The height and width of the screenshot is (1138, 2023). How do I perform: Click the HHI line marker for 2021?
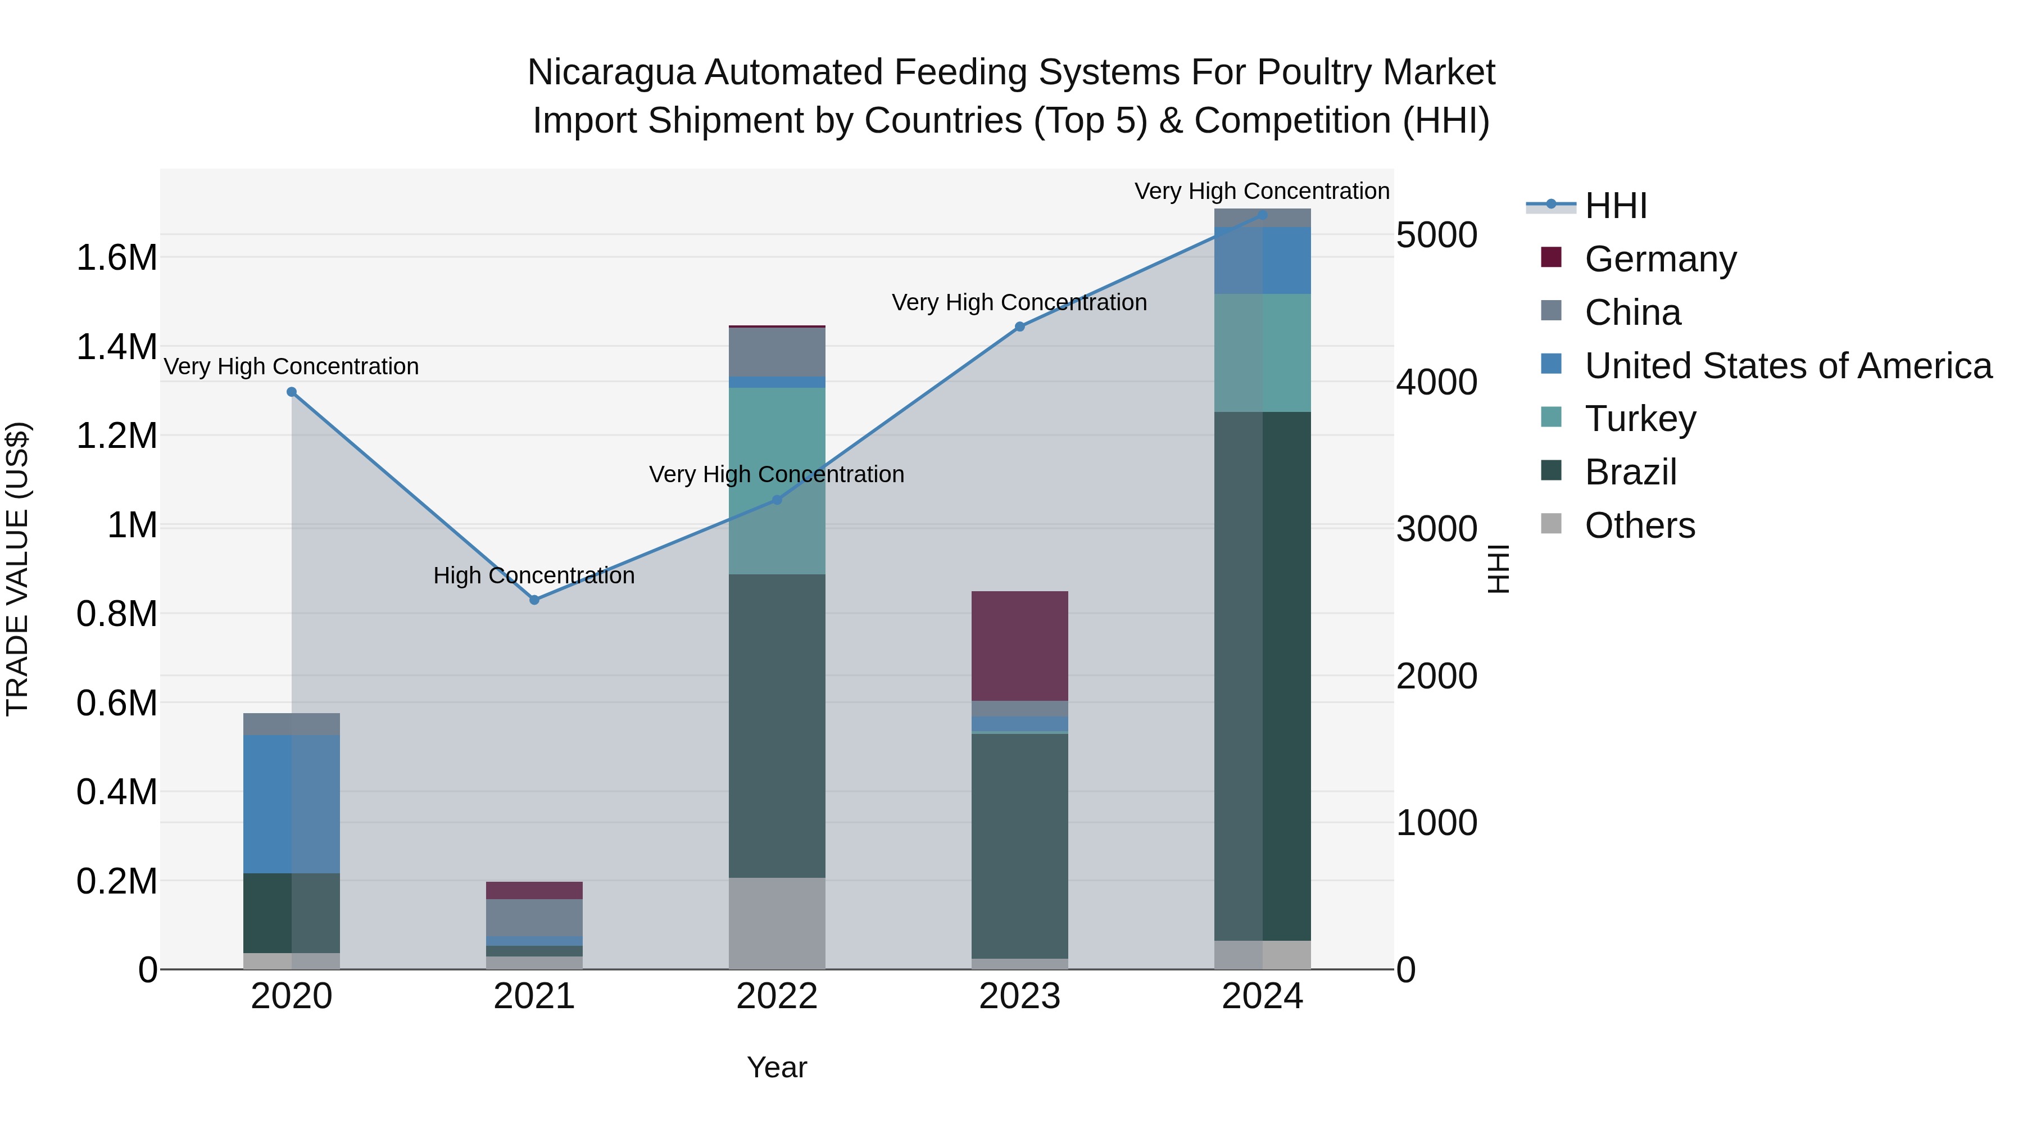pyautogui.click(x=534, y=600)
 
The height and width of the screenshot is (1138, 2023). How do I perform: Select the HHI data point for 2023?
pyautogui.click(x=1019, y=327)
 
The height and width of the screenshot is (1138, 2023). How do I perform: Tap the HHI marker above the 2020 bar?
pyautogui.click(x=291, y=392)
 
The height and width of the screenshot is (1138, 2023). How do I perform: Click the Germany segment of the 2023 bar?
pyautogui.click(x=1019, y=646)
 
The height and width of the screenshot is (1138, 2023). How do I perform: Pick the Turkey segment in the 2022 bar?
pyautogui.click(x=777, y=480)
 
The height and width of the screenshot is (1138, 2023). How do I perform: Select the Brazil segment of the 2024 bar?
pyautogui.click(x=1262, y=675)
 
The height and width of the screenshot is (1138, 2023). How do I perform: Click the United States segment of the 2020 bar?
pyautogui.click(x=291, y=804)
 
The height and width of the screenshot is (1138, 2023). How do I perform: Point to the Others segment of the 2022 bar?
pyautogui.click(x=777, y=923)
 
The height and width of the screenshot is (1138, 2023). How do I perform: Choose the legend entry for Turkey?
pyautogui.click(x=1640, y=419)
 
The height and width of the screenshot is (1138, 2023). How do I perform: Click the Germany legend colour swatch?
pyautogui.click(x=1551, y=257)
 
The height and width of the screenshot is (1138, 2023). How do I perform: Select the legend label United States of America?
pyautogui.click(x=1788, y=366)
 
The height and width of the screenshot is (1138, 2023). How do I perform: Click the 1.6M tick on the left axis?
pyautogui.click(x=116, y=257)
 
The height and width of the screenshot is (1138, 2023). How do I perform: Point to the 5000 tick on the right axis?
pyautogui.click(x=1436, y=235)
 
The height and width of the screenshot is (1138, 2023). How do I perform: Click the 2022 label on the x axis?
pyautogui.click(x=777, y=996)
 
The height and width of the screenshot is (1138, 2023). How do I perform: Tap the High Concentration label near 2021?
pyautogui.click(x=534, y=575)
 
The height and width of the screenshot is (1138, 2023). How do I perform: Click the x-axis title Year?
pyautogui.click(x=777, y=1067)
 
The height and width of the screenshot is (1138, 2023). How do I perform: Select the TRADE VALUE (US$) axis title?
pyautogui.click(x=17, y=569)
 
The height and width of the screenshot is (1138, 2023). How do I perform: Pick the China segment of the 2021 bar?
pyautogui.click(x=534, y=917)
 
